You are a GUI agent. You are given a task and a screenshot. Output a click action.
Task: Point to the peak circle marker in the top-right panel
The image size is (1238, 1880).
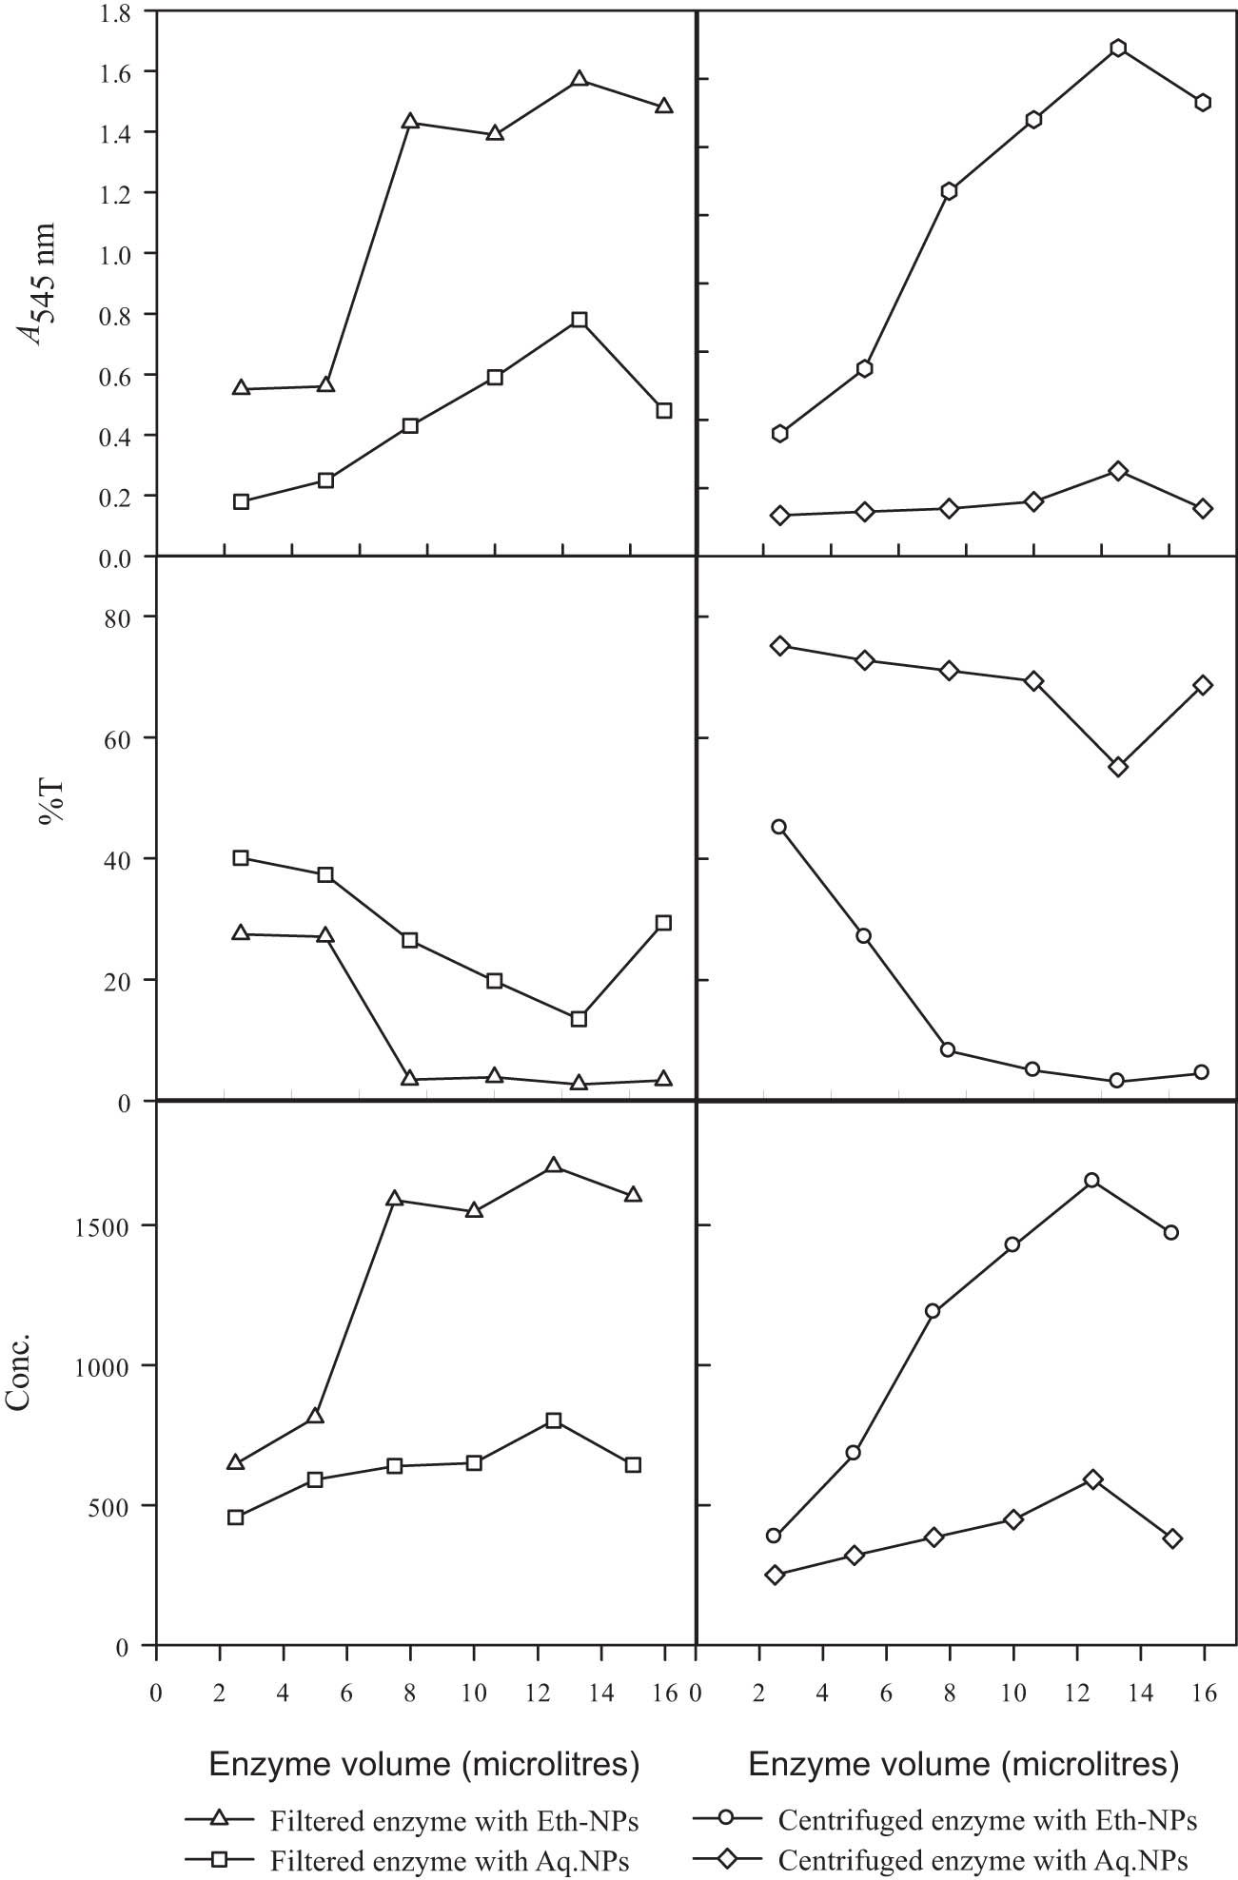tap(1118, 49)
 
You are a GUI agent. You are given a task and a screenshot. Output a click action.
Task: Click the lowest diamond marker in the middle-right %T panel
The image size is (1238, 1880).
tap(1118, 767)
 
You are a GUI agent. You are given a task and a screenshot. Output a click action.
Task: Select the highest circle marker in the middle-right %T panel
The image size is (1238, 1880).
tap(779, 827)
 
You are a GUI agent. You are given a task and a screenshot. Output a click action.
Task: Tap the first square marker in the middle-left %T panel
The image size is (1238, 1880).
tap(241, 858)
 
